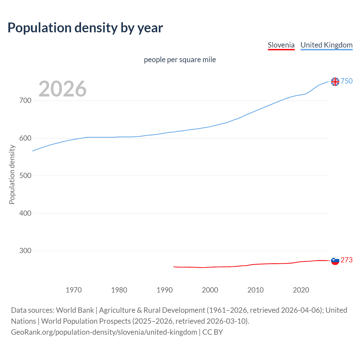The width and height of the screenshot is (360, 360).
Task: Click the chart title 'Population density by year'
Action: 85,28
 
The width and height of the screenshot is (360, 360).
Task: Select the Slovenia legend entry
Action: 281,45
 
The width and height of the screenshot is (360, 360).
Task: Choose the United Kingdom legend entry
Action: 326,45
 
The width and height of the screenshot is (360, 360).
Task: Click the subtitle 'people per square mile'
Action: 180,60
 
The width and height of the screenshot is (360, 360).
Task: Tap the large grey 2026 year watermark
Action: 62,89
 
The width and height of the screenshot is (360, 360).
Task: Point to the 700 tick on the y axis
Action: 25,101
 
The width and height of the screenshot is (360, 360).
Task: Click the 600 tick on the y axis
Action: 25,138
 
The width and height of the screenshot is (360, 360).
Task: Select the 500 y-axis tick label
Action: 25,175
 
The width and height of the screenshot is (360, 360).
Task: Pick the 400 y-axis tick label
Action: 25,213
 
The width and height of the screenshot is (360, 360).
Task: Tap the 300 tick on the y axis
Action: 25,251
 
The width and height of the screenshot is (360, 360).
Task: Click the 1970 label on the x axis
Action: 74,290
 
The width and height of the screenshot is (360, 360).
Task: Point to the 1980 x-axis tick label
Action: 119,290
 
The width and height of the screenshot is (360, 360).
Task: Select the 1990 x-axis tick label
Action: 165,290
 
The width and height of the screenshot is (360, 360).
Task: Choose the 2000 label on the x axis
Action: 210,290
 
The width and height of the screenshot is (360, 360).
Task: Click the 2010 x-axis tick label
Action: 255,290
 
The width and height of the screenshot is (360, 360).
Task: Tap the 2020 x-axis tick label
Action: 301,290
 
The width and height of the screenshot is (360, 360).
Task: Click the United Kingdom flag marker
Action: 335,82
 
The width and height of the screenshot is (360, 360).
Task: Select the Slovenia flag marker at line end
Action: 335,261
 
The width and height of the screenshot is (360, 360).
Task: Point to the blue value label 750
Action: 346,81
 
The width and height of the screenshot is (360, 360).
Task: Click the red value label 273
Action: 346,260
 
